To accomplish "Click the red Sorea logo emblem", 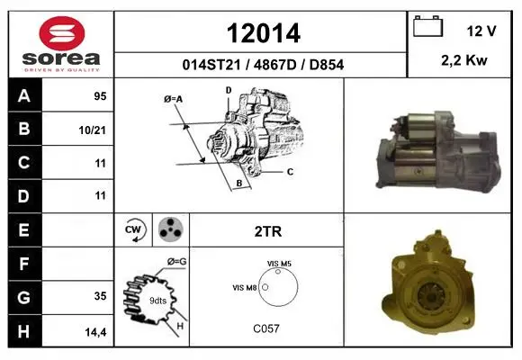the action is (62, 33).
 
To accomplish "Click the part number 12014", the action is (264, 33).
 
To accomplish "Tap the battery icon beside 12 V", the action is (427, 26).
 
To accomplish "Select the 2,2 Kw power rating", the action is (464, 60).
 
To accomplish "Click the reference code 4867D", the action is (274, 65).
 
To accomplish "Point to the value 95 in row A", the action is (100, 96).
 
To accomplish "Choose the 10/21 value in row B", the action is (92, 130).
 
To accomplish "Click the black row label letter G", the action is (24, 297).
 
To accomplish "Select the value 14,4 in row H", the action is (95, 332).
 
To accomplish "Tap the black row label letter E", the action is (23, 229).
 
